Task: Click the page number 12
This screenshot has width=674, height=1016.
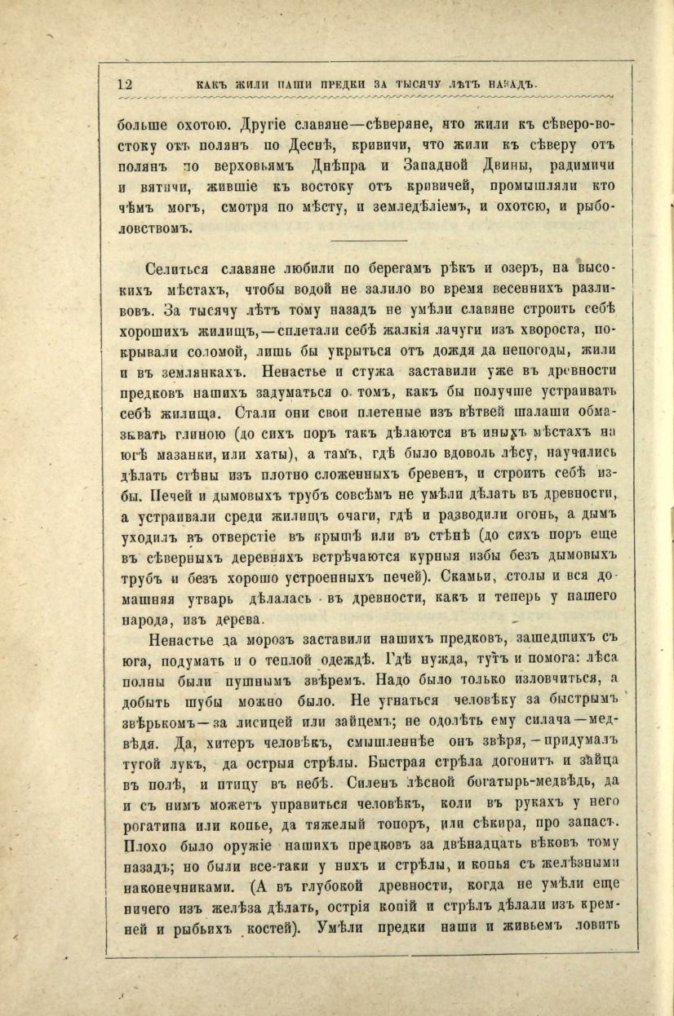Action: click(126, 83)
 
